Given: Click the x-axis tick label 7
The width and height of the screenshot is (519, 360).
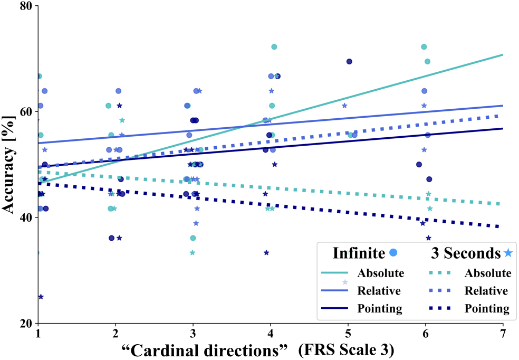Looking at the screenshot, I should pyautogui.click(x=503, y=335).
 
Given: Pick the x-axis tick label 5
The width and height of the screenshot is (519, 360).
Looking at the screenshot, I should pyautogui.click(x=348, y=335).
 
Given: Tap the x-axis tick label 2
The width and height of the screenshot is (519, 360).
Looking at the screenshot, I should pyautogui.click(x=116, y=335).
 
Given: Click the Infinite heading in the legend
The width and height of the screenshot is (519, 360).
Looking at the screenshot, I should pyautogui.click(x=359, y=253).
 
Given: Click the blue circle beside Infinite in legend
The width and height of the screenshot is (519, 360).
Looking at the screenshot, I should pyautogui.click(x=392, y=253).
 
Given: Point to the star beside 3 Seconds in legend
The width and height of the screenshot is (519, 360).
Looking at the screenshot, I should pyautogui.click(x=507, y=253).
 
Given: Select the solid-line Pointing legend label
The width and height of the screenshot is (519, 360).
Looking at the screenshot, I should pyautogui.click(x=379, y=308).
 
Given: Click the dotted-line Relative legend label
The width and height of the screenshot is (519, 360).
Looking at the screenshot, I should pyautogui.click(x=486, y=291).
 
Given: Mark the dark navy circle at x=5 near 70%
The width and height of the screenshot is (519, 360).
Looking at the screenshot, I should pyautogui.click(x=349, y=61).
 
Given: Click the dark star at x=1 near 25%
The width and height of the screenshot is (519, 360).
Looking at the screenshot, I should pyautogui.click(x=41, y=297).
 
